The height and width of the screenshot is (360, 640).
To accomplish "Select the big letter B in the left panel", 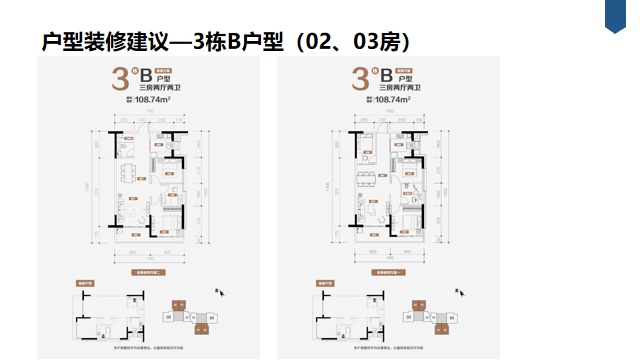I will [146, 76].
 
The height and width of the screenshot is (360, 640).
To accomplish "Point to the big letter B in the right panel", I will [384, 76].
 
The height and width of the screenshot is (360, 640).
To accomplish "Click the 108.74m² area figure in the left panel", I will [157, 100].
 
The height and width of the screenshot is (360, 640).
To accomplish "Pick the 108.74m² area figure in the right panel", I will [395, 100].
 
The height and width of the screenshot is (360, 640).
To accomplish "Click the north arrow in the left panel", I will [220, 293].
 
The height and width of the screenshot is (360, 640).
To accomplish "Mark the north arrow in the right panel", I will [458, 293].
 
